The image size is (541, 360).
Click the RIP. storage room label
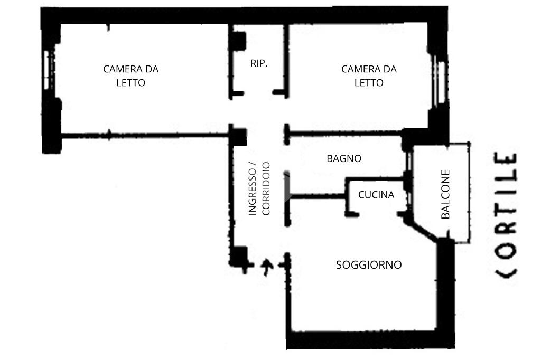point(259,63)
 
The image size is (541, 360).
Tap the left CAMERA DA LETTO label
point(130,76)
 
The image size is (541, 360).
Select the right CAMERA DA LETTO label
point(369,76)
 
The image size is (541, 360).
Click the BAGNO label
point(344,158)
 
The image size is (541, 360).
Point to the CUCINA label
point(376,195)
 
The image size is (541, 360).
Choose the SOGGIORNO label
point(369,265)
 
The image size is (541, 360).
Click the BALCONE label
point(445,194)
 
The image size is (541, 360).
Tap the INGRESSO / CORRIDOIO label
point(259,188)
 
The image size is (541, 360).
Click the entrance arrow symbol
point(267,267)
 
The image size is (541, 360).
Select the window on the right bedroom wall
point(440,80)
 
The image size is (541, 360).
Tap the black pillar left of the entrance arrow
point(239,257)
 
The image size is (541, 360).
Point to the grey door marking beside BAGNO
point(287,187)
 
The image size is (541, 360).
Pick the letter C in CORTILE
point(506,272)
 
